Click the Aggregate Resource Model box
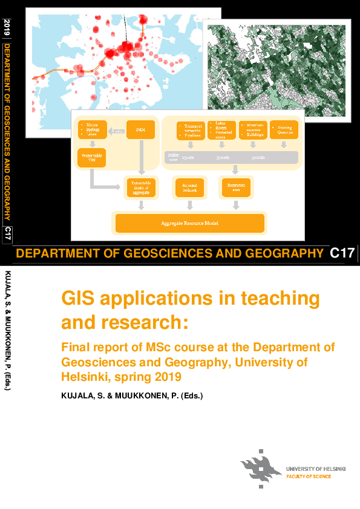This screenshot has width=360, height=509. pyautogui.click(x=189, y=223)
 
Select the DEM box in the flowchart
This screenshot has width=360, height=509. pyautogui.click(x=140, y=129)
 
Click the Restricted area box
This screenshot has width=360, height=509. pyautogui.click(x=234, y=187)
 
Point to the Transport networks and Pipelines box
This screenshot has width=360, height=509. pyautogui.click(x=190, y=130)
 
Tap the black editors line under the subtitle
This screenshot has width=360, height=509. pyautogui.click(x=131, y=396)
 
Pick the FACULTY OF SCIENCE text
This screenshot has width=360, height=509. pyautogui.click(x=309, y=476)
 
